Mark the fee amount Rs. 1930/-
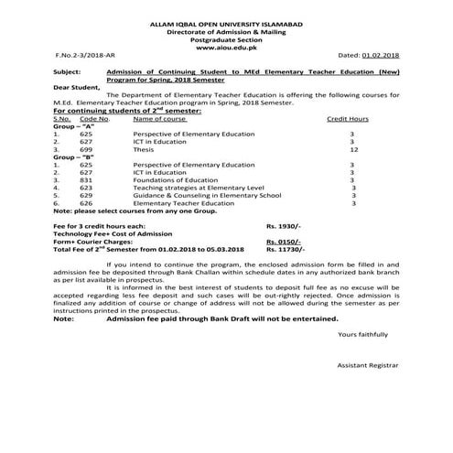click(x=283, y=224)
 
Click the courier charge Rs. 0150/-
click(x=283, y=241)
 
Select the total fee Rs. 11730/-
click(x=285, y=249)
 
